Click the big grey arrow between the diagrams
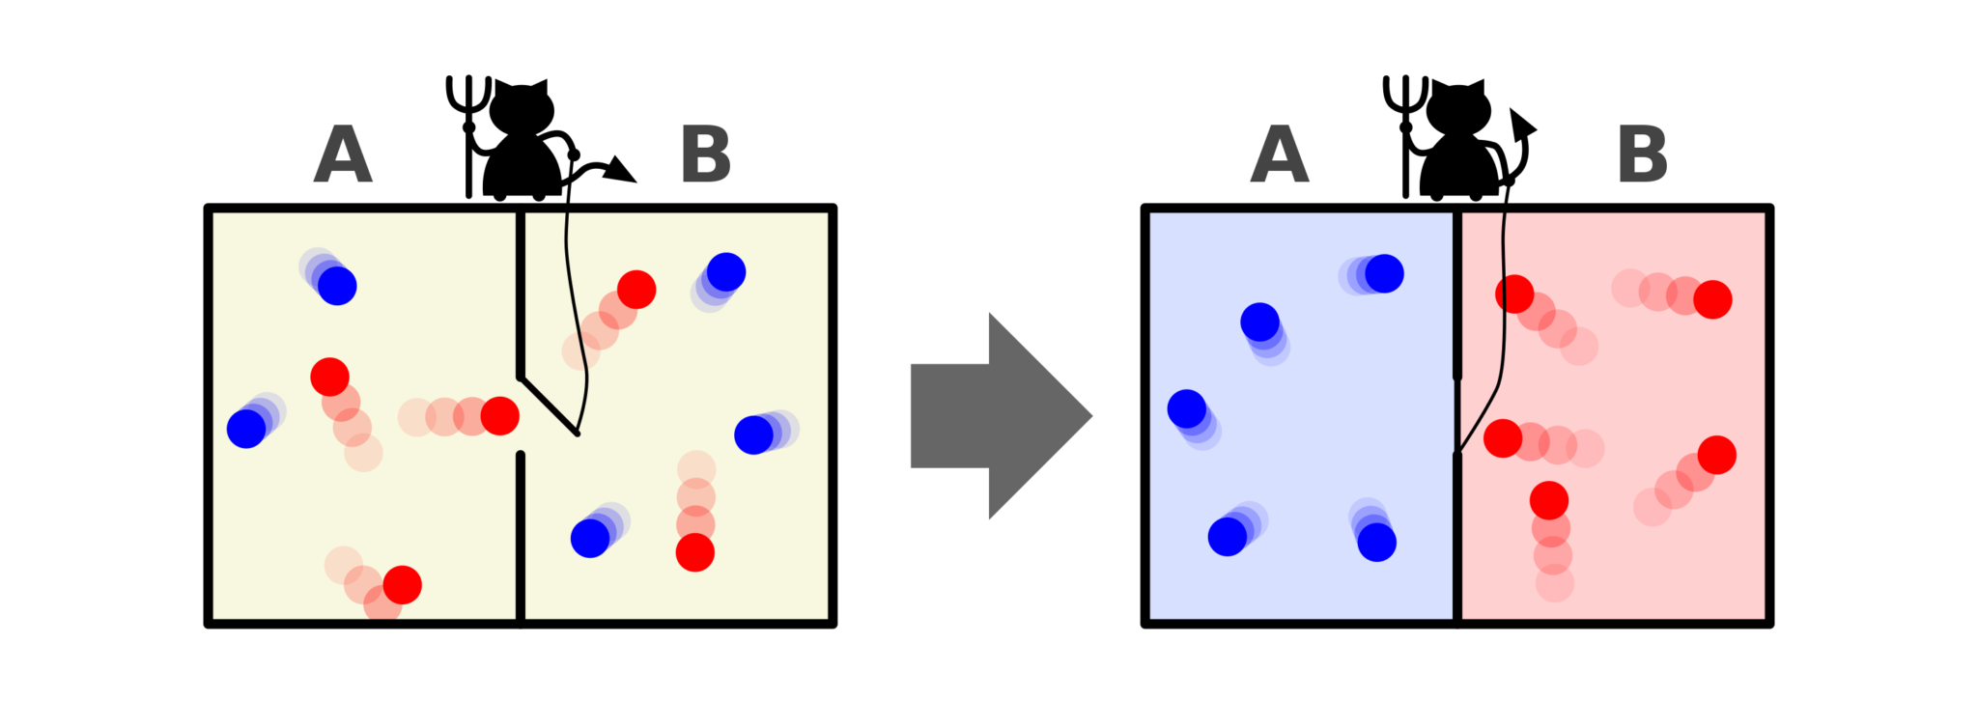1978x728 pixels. pos(1009,431)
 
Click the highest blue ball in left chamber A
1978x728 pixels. pos(337,286)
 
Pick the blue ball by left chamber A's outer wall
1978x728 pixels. pos(246,429)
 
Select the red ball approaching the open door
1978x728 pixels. pos(499,415)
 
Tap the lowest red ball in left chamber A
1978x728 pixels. pos(402,584)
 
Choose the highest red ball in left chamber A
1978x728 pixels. pos(329,377)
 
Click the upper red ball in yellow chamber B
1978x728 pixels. pos(636,289)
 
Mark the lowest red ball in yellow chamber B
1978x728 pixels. pos(694,552)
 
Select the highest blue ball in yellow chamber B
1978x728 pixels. pos(725,272)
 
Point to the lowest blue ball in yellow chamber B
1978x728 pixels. pos(590,538)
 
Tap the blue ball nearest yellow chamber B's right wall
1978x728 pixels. pos(753,434)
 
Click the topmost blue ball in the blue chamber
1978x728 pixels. pos(1384,273)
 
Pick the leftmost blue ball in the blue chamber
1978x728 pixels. pos(1186,408)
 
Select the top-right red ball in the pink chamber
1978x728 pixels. pos(1712,299)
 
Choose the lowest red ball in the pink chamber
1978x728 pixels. pos(1549,500)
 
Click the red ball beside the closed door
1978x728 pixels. pos(1503,438)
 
